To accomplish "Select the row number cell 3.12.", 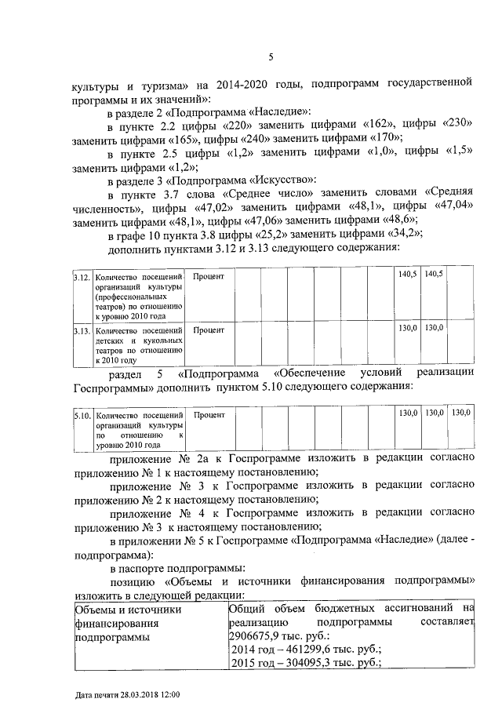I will pyautogui.click(x=81, y=275).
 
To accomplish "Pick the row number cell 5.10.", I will pyautogui.click(x=81, y=413).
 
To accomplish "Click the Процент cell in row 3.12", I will pyautogui.click(x=209, y=275).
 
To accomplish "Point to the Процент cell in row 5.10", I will pyautogui.click(x=209, y=413).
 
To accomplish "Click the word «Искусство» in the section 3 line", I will pyautogui.click(x=283, y=180).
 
